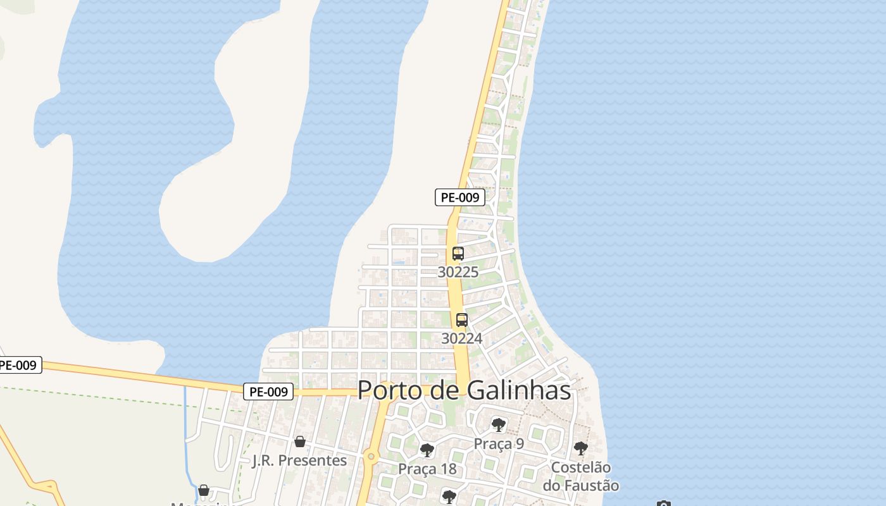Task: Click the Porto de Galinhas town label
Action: (464, 390)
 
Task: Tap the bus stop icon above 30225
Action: (458, 254)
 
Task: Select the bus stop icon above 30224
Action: (462, 319)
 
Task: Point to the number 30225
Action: (458, 272)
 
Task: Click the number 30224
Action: (462, 338)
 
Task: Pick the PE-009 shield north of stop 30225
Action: (460, 197)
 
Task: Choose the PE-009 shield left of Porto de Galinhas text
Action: (268, 392)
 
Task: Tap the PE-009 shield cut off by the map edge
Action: (19, 366)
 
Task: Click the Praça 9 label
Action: (499, 444)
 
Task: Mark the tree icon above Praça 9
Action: (499, 424)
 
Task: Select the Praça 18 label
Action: (427, 469)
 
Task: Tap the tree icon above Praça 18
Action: (427, 450)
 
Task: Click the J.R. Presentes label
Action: (299, 460)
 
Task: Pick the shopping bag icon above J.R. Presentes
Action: (300, 441)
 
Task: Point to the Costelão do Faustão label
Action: (580, 476)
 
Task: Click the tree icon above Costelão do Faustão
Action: (580, 448)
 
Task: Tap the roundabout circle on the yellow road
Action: (371, 456)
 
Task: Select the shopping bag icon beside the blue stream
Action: (204, 490)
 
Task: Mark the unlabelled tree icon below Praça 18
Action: (449, 497)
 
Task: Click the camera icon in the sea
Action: (663, 503)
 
